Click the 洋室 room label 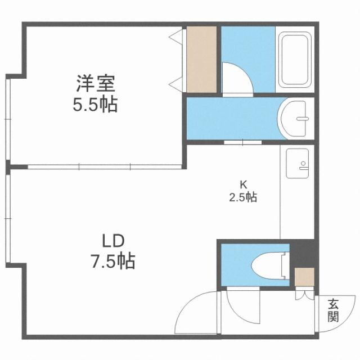point(96,84)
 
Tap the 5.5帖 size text point(96,105)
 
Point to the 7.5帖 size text point(112,261)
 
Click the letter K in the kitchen point(244,184)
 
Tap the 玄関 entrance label point(334,310)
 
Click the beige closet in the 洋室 point(202,59)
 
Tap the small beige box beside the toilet point(304,277)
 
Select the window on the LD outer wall point(8,219)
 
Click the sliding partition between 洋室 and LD point(104,166)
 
